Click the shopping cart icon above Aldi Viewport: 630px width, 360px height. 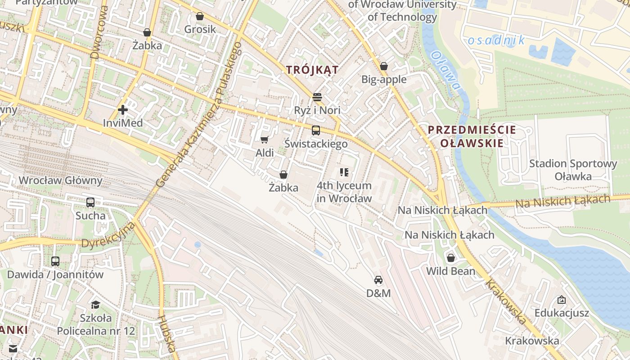[264, 139]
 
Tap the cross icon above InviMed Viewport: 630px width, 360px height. [122, 109]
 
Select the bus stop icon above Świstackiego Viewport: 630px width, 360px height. [316, 130]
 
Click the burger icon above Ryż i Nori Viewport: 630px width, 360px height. [317, 97]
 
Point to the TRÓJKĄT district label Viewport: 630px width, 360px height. [312, 70]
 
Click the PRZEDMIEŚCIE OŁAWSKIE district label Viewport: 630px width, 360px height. [465, 136]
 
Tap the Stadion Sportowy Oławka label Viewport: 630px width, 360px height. [573, 170]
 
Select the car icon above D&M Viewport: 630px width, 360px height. [378, 280]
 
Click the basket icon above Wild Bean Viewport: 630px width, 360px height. [450, 258]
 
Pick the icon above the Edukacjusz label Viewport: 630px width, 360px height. [562, 300]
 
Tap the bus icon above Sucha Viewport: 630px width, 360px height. [90, 202]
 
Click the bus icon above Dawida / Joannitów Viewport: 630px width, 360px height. [55, 261]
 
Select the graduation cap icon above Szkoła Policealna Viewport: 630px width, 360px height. [95, 305]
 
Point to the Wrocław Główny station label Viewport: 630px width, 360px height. [60, 180]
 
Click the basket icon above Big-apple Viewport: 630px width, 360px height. [384, 66]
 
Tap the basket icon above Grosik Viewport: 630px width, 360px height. [200, 16]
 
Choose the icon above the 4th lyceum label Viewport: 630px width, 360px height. [344, 172]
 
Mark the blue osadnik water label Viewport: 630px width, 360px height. [496, 40]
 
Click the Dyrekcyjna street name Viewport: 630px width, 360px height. [108, 234]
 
